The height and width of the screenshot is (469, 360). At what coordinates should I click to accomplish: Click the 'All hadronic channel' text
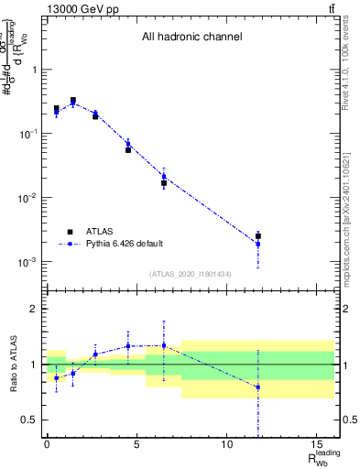191,38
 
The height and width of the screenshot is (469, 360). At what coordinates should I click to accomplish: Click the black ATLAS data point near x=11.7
258,236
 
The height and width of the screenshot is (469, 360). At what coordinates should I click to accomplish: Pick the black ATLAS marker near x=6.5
164,183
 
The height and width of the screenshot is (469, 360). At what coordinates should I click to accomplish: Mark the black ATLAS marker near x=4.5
128,149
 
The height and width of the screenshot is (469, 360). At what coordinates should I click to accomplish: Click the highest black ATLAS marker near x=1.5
73,101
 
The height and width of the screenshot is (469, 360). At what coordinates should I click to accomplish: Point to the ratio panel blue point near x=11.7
258,387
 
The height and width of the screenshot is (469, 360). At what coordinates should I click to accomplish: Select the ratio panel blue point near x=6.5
164,345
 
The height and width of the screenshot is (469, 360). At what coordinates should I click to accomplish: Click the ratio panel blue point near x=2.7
95,354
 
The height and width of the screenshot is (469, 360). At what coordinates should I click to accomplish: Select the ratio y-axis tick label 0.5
28,420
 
